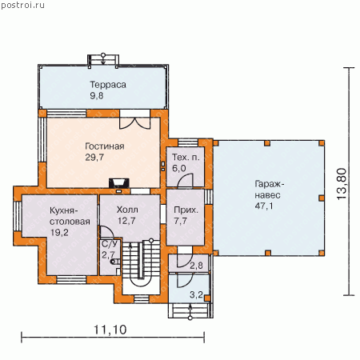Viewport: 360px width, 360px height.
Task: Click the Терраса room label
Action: point(108,85)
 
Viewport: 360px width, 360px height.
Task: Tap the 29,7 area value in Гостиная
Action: point(94,158)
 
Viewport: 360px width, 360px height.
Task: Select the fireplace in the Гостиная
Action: point(119,183)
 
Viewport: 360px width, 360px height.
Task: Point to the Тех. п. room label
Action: point(186,158)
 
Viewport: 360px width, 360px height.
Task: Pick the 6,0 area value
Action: point(179,168)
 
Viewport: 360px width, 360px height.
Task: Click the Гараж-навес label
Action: point(269,190)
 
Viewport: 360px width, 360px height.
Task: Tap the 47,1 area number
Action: point(264,206)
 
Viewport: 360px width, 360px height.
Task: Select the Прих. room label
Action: point(186,210)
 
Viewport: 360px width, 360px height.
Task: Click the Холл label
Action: point(127,210)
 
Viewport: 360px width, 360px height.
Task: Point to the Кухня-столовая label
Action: point(70,216)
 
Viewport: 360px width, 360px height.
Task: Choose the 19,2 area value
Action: point(59,233)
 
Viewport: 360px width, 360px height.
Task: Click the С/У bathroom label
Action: point(110,244)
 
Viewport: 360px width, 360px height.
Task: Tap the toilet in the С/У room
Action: point(115,262)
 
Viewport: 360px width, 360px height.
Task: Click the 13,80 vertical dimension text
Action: point(342,184)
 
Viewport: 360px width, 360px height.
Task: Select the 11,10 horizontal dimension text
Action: point(110,330)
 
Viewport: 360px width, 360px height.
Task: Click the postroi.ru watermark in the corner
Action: point(22,6)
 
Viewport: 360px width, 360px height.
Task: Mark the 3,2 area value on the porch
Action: point(196,294)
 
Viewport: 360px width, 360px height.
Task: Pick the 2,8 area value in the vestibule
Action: point(196,266)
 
